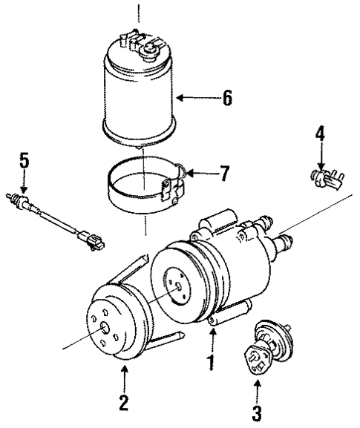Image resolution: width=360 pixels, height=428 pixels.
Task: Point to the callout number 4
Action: (319, 134)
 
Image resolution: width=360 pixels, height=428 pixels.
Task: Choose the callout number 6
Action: (227, 97)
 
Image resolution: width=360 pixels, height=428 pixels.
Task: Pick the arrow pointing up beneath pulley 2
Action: (124, 375)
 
